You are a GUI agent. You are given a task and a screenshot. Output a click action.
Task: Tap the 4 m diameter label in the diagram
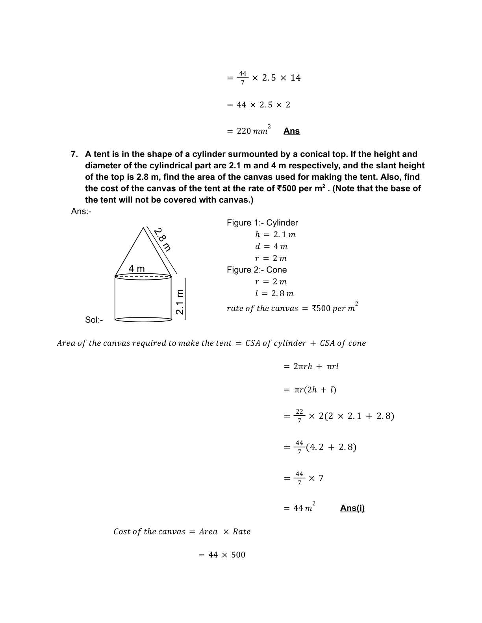tap(137, 269)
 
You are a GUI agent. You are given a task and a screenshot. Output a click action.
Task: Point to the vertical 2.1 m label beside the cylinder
tap(180, 302)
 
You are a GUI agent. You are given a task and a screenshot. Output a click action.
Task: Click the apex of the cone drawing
tap(143, 227)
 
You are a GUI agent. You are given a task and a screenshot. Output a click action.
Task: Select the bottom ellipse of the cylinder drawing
tap(143, 320)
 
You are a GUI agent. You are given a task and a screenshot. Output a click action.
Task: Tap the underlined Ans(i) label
tap(352, 508)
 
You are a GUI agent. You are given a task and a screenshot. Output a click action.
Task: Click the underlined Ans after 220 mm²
tap(291, 131)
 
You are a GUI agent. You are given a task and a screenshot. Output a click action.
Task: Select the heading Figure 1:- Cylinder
tap(262, 223)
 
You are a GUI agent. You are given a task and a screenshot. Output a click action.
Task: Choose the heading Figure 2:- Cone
tap(257, 270)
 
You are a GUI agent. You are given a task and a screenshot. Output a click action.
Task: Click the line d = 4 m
tap(271, 247)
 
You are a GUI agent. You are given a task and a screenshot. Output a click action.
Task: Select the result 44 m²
tap(304, 508)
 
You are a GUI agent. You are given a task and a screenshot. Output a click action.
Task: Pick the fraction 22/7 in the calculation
tap(299, 416)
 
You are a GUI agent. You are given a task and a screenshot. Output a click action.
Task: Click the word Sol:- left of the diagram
tap(94, 320)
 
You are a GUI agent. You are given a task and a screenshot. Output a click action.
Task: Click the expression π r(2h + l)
tap(315, 390)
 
